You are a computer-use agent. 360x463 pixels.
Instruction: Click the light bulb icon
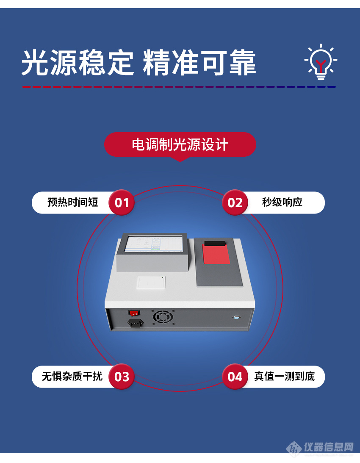click(x=321, y=62)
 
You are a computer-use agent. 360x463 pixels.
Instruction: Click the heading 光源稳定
click(x=78, y=63)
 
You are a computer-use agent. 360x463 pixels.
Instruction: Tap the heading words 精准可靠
click(x=199, y=63)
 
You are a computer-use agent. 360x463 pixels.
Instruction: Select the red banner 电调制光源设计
click(x=180, y=144)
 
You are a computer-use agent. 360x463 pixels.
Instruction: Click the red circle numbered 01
click(x=122, y=202)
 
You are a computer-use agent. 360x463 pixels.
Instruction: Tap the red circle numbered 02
click(x=235, y=202)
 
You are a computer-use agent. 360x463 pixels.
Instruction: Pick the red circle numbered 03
click(x=122, y=377)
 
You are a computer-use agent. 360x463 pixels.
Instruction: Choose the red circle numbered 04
click(x=235, y=377)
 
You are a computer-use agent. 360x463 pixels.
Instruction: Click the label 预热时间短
click(x=72, y=202)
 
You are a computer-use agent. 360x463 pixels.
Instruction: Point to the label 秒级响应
click(x=282, y=202)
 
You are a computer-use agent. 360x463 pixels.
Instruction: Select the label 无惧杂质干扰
click(x=72, y=377)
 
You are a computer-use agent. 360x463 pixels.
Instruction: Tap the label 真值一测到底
click(x=284, y=377)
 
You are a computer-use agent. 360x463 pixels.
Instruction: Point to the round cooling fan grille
click(x=163, y=317)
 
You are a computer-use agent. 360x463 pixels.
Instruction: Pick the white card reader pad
click(x=151, y=282)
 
